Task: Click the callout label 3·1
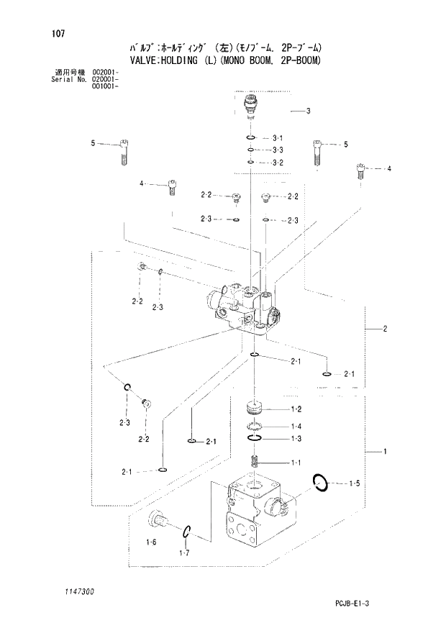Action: coord(278,137)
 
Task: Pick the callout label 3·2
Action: coord(278,163)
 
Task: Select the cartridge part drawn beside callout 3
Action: coord(250,105)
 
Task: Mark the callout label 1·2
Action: coord(295,409)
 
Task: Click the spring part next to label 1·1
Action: coord(254,461)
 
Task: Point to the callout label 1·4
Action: coord(295,425)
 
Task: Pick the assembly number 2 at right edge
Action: coord(386,329)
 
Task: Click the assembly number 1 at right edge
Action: coord(386,452)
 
